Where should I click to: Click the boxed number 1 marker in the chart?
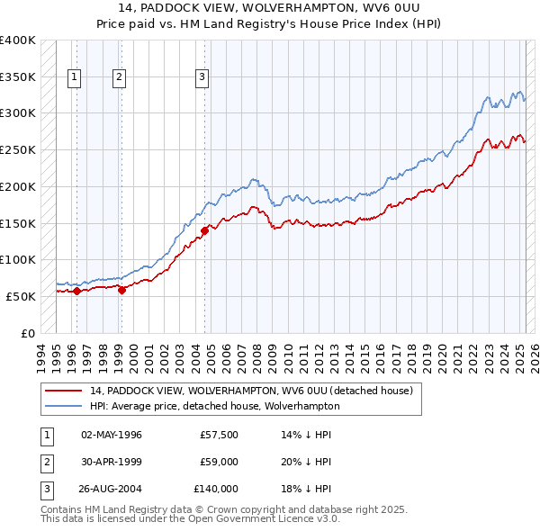pos(73,78)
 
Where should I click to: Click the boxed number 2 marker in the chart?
pos(119,78)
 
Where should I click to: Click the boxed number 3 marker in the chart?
pos(202,78)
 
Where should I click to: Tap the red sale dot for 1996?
pos(77,291)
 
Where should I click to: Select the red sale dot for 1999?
pos(121,290)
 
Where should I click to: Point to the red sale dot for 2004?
pos(205,230)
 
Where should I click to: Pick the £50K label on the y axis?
pos(22,296)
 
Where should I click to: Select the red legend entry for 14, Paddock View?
pos(251,391)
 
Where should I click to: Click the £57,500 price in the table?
pos(220,435)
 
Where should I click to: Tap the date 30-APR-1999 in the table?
pos(112,462)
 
